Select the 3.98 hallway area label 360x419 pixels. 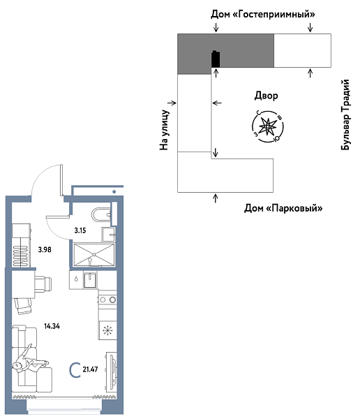pyautogui.click(x=45, y=249)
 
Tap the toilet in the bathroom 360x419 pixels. pyautogui.click(x=100, y=214)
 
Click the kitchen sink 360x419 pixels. pyautogui.click(x=89, y=279)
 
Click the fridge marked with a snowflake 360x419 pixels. pyautogui.click(x=107, y=331)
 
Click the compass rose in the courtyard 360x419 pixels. pyautogui.click(x=266, y=126)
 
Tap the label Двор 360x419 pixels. pyautogui.click(x=266, y=96)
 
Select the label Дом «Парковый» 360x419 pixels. pyautogui.click(x=283, y=208)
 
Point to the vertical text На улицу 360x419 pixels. pyautogui.click(x=165, y=129)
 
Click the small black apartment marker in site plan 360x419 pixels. pyautogui.click(x=216, y=60)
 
